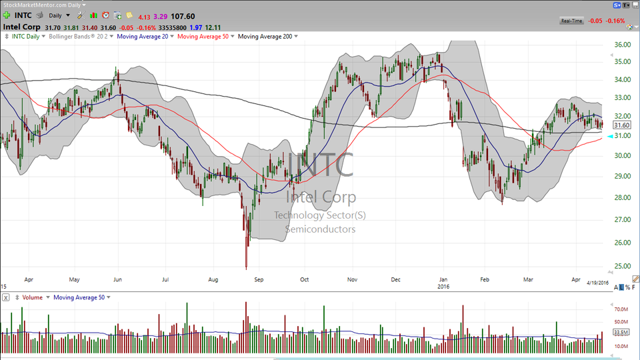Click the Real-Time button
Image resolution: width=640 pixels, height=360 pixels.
click(572, 21)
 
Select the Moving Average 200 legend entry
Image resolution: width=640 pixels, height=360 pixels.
click(265, 36)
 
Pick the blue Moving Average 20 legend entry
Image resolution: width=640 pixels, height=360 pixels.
click(142, 36)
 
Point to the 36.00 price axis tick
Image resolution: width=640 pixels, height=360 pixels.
click(622, 45)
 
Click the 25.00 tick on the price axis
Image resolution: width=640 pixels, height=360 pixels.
click(622, 266)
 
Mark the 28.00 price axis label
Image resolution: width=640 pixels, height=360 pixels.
click(622, 197)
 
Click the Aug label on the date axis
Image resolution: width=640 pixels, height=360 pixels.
click(213, 281)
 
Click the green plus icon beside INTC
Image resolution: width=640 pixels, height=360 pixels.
click(7, 15)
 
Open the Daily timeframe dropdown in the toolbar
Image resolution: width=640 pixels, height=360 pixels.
click(59, 15)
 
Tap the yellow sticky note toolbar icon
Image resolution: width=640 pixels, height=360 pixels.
click(129, 15)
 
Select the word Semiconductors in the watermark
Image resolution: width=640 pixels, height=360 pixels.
click(320, 229)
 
